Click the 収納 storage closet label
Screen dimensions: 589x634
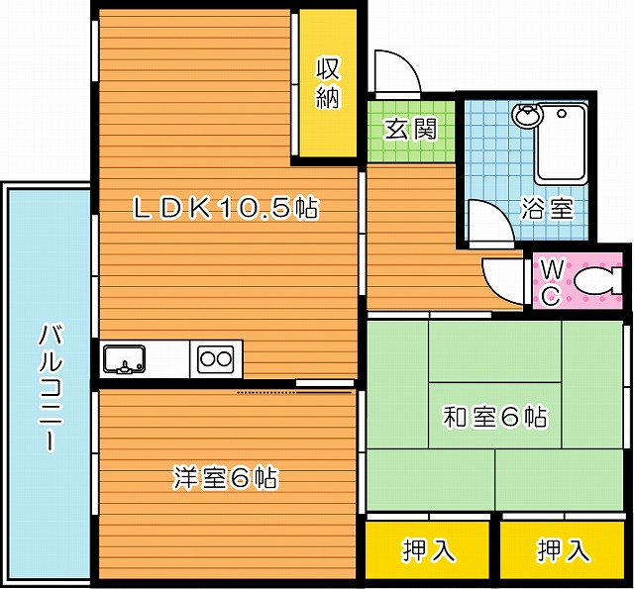coord(329,83)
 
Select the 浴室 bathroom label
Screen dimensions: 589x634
coord(547,209)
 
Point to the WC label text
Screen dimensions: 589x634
coord(553,281)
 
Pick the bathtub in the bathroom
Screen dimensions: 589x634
coord(561,145)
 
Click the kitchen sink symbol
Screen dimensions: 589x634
coord(124,357)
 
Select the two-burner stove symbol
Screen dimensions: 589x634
coord(216,357)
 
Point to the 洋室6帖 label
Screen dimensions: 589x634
coord(225,478)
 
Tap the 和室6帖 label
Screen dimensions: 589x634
coord(494,417)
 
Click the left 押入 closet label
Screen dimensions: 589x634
coord(428,550)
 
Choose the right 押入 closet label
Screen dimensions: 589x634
coord(563,550)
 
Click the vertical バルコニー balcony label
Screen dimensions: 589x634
coord(48,386)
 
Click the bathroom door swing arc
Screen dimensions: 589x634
coord(487,220)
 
